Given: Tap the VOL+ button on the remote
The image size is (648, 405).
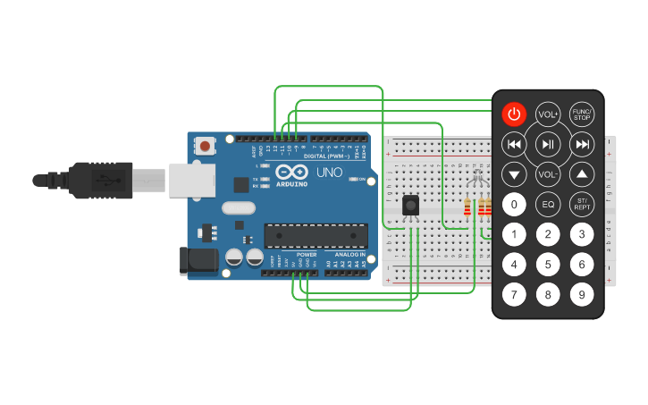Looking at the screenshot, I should (x=548, y=114).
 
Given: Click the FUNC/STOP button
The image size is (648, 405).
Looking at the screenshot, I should (x=582, y=114).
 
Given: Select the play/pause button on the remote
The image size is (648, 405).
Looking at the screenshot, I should (x=548, y=144).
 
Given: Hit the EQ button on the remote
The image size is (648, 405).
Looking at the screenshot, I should (x=548, y=205).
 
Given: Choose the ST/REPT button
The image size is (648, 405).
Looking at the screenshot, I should (x=582, y=205).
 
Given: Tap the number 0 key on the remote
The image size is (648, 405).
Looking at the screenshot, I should (x=514, y=205).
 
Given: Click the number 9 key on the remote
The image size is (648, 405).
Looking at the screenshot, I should (x=582, y=294).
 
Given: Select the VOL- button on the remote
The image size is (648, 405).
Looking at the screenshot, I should (x=548, y=174).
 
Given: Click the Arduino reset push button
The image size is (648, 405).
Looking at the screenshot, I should (x=206, y=145).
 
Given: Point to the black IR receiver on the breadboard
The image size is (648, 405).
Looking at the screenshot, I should (x=410, y=206).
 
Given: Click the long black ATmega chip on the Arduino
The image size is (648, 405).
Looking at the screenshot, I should (x=316, y=236).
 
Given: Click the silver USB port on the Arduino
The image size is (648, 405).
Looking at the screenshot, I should (x=191, y=180).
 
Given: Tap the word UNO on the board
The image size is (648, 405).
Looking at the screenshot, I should (x=329, y=172).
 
